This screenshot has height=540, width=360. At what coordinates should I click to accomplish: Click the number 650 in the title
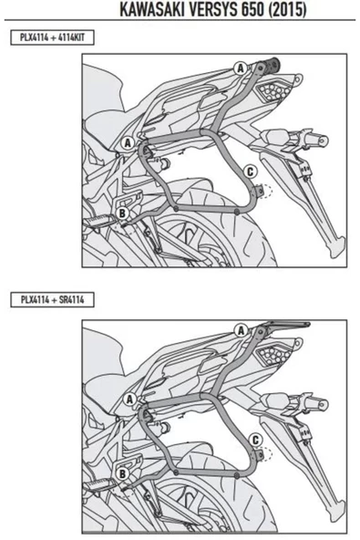click(x=253, y=10)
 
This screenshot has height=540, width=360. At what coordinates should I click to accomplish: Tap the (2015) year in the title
click(x=288, y=10)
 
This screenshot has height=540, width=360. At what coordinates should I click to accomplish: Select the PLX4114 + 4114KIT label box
click(x=52, y=37)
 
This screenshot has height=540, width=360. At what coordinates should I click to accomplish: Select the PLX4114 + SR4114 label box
click(x=52, y=299)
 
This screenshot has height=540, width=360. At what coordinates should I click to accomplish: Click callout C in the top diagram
click(x=251, y=171)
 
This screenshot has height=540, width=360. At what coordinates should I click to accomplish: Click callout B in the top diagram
click(x=122, y=213)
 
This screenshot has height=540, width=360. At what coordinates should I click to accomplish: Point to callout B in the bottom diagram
click(x=122, y=474)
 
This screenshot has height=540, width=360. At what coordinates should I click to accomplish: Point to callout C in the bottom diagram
click(x=255, y=440)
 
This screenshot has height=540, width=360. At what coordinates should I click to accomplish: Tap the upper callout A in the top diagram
click(x=241, y=68)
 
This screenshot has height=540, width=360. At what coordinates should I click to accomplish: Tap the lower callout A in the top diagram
click(x=128, y=143)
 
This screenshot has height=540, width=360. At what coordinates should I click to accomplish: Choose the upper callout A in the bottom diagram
click(x=241, y=330)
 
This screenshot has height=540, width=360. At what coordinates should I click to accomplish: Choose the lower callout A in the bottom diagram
click(x=129, y=400)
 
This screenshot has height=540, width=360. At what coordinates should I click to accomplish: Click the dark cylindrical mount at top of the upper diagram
click(x=271, y=64)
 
